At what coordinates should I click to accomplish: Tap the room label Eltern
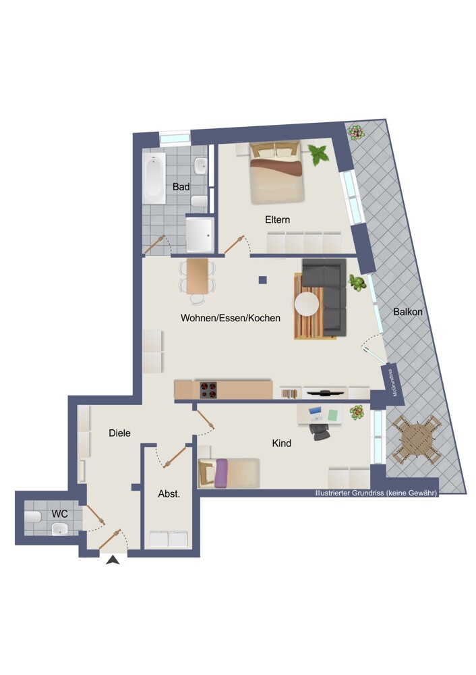click(x=277, y=219)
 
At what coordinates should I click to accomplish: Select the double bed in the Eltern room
click(x=277, y=172)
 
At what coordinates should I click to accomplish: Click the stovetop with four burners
click(x=208, y=390)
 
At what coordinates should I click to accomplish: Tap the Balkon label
click(x=408, y=312)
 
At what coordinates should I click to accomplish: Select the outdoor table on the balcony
click(x=416, y=439)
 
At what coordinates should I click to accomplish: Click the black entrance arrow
click(x=113, y=560)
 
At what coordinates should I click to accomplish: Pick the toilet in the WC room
click(x=32, y=516)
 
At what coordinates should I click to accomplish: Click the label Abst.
click(x=169, y=494)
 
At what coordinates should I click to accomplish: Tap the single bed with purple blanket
click(x=229, y=473)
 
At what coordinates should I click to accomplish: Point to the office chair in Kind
click(x=320, y=431)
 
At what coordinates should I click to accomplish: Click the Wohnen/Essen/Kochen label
click(x=231, y=318)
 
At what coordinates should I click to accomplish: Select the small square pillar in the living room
click(x=263, y=280)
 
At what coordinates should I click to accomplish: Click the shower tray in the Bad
click(x=200, y=234)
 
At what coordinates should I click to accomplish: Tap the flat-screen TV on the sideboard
click(x=325, y=392)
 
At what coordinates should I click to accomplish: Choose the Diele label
click(x=119, y=433)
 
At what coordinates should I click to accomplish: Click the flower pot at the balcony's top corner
click(x=356, y=132)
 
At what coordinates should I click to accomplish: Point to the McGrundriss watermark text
click(x=392, y=383)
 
